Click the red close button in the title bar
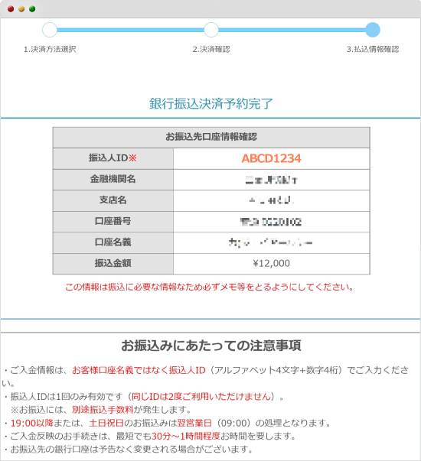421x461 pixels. point(11,8)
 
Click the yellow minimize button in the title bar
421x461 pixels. point(21,8)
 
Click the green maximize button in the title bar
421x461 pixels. point(32,8)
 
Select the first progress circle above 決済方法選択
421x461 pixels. point(50,30)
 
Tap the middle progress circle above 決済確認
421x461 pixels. point(211,30)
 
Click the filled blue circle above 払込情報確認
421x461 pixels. point(373,30)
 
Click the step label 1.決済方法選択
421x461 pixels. point(50,49)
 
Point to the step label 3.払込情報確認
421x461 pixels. point(373,49)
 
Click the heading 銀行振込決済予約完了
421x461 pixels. point(211,103)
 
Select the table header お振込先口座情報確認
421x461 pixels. point(211,137)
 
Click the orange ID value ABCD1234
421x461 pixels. point(271,158)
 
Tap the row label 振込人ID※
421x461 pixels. point(113,158)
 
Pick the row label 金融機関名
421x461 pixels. point(113,180)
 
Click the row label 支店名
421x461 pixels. point(113,200)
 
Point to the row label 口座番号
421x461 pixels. point(113,222)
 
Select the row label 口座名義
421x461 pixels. point(113,242)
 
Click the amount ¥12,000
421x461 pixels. point(271,263)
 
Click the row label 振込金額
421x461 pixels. point(113,263)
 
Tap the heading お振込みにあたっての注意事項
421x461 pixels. point(211,345)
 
